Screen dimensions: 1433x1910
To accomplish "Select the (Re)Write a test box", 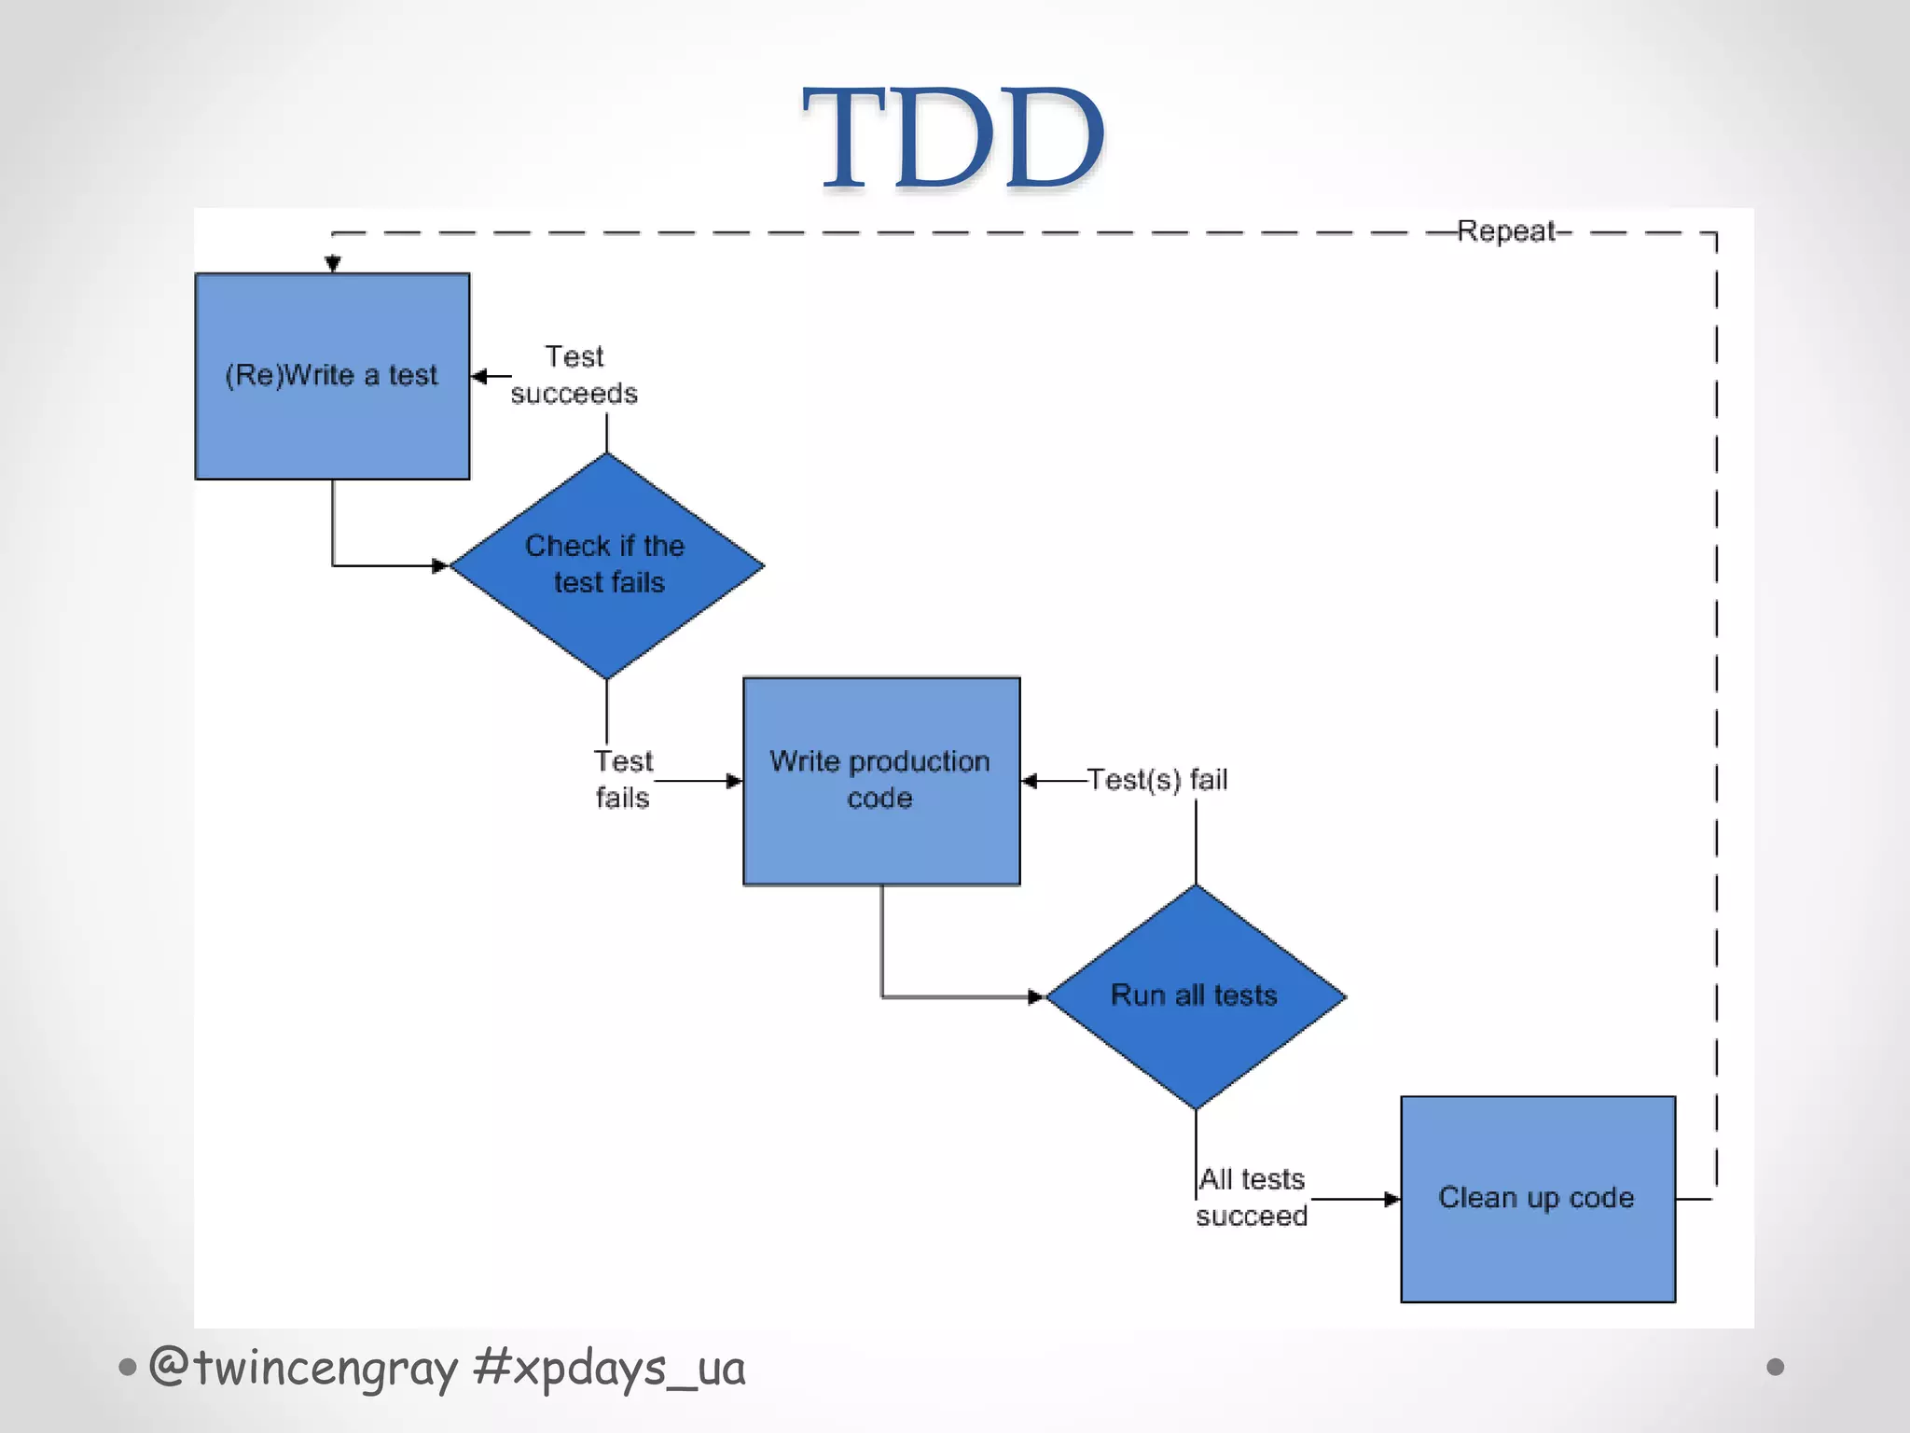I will pyautogui.click(x=332, y=376).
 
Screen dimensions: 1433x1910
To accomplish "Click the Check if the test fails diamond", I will pyautogui.click(x=606, y=564).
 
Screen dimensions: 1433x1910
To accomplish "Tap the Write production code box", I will pyautogui.click(x=880, y=780).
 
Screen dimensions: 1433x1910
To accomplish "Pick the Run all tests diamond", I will pyautogui.click(x=1195, y=995).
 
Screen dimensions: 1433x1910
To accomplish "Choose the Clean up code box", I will pyautogui.click(x=1537, y=1198).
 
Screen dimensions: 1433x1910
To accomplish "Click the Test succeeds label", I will pyautogui.click(x=574, y=375).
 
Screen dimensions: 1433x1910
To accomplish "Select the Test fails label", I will pyautogui.click(x=623, y=779).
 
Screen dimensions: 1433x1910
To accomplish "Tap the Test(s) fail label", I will pyautogui.click(x=1157, y=780).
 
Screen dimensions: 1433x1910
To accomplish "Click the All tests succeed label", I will pyautogui.click(x=1252, y=1198).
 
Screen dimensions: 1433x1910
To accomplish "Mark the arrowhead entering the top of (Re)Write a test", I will pyautogui.click(x=333, y=265).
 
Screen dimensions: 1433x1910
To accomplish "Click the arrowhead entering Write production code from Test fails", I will pyautogui.click(x=735, y=781).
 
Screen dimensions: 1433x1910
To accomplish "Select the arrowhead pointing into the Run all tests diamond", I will pyautogui.click(x=1035, y=997).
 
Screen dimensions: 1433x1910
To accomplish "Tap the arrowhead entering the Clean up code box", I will pyautogui.click(x=1392, y=1199).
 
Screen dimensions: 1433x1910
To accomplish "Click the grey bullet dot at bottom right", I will pyautogui.click(x=1775, y=1367).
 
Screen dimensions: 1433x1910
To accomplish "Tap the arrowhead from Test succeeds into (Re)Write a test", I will pyautogui.click(x=480, y=377).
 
